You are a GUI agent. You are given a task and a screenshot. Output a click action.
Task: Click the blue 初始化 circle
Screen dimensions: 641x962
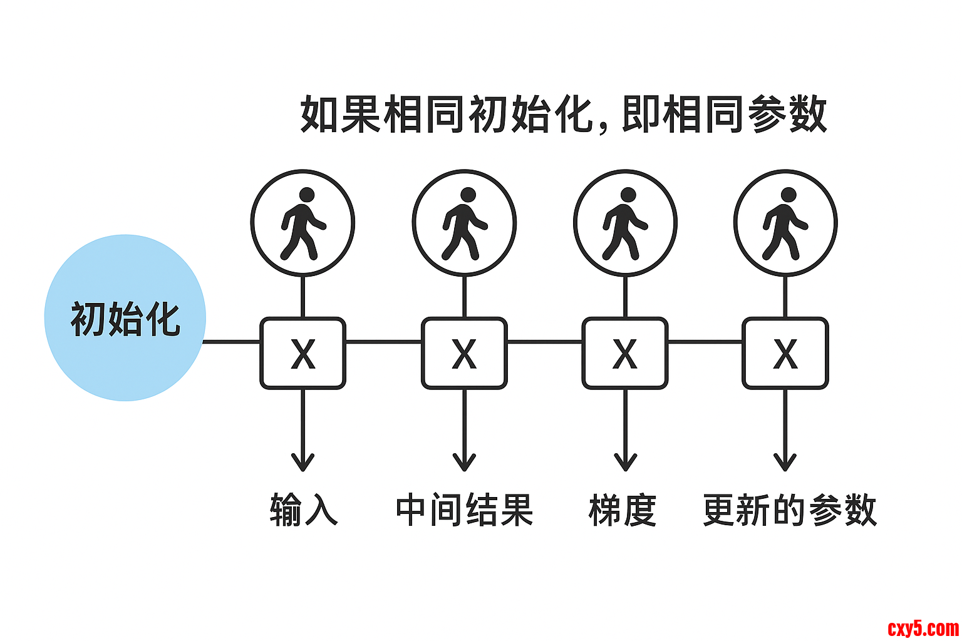tap(125, 318)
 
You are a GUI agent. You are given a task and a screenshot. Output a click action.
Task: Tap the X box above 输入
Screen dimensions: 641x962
tap(303, 354)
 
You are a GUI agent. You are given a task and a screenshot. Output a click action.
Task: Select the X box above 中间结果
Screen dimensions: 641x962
tap(464, 354)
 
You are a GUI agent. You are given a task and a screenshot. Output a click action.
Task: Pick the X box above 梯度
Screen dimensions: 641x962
tap(625, 354)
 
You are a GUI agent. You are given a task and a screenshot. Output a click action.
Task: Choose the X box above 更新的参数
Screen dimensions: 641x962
tap(785, 354)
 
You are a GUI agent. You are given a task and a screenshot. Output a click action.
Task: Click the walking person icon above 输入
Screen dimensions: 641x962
tap(303, 223)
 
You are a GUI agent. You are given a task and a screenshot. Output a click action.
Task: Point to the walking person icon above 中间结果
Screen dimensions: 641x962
tap(464, 223)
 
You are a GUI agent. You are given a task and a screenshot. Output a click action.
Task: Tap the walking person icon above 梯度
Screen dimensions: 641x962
tap(625, 223)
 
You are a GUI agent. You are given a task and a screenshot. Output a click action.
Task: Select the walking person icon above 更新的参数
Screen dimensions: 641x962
tap(785, 223)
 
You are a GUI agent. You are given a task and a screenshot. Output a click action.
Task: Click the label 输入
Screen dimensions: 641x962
tap(304, 510)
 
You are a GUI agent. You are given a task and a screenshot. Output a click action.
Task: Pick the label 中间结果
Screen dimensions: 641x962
tap(464, 510)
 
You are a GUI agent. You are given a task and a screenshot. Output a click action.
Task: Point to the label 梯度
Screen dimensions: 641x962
tap(623, 510)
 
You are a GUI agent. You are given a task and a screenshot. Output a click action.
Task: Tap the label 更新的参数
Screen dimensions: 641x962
tap(789, 510)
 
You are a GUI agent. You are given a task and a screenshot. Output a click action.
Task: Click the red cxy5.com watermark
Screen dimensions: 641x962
tap(923, 627)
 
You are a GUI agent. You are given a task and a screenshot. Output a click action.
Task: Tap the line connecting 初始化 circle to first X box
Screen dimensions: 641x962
tap(232, 342)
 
